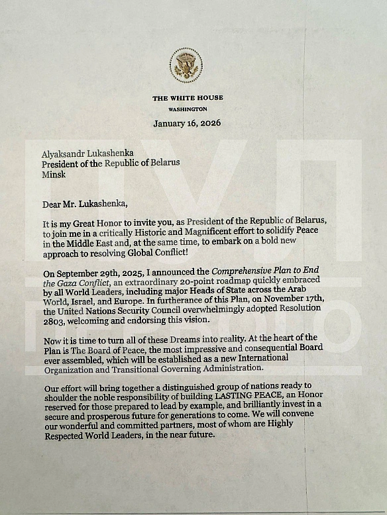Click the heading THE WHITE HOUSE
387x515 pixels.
[188, 98]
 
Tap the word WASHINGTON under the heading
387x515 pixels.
[188, 109]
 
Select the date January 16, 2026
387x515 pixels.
[187, 124]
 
